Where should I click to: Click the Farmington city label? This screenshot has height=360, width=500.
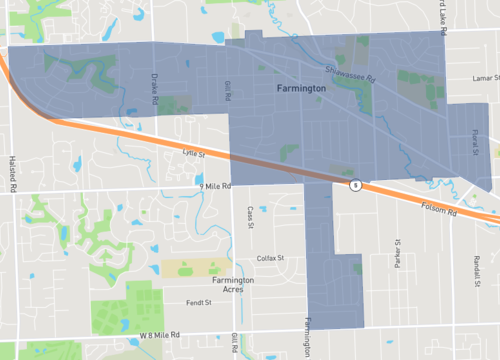tap(301, 90)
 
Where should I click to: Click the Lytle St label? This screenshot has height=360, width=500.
tap(194, 154)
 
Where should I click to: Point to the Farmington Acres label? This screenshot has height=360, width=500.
tap(232, 285)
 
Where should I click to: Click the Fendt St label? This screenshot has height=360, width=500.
tap(201, 302)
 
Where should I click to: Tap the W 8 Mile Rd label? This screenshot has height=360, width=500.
tap(160, 335)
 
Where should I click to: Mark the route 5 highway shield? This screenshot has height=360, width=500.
tap(355, 185)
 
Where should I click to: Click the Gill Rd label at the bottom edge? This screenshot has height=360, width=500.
tap(233, 344)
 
